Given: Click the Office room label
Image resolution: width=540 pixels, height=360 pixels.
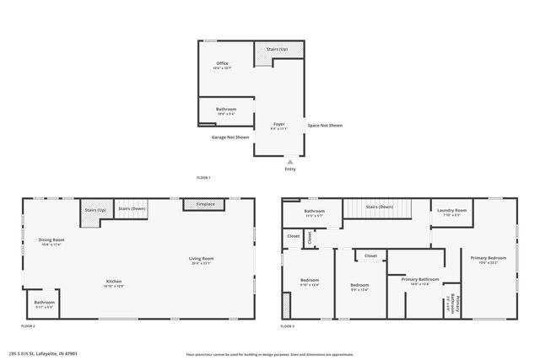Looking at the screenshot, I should coord(223,63).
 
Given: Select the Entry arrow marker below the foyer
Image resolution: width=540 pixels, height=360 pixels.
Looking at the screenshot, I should coord(290,160).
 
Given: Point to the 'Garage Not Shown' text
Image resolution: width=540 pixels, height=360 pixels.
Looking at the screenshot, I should coord(230,137).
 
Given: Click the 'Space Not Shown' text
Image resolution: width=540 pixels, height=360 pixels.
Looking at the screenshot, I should coord(325,126).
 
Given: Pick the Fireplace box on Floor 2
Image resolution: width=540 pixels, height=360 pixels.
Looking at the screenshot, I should coord(205,204).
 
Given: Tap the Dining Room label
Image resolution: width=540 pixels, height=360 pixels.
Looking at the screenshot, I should coord(52,240).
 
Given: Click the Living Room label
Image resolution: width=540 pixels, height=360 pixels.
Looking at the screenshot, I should coord(201,258).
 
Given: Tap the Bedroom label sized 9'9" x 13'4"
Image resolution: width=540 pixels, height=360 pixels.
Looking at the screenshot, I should coord(360,285).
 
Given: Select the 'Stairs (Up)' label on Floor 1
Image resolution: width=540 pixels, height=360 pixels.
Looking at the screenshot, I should coord(278,50).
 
